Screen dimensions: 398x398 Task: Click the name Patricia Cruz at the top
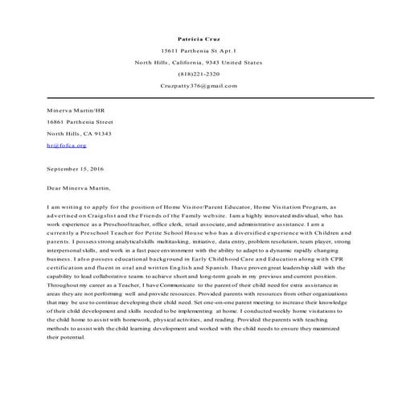coord(198,38)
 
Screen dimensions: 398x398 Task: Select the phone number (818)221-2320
coord(198,73)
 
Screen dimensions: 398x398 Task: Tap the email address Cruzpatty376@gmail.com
coord(198,84)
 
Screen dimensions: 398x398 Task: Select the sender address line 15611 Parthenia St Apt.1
coord(198,50)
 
